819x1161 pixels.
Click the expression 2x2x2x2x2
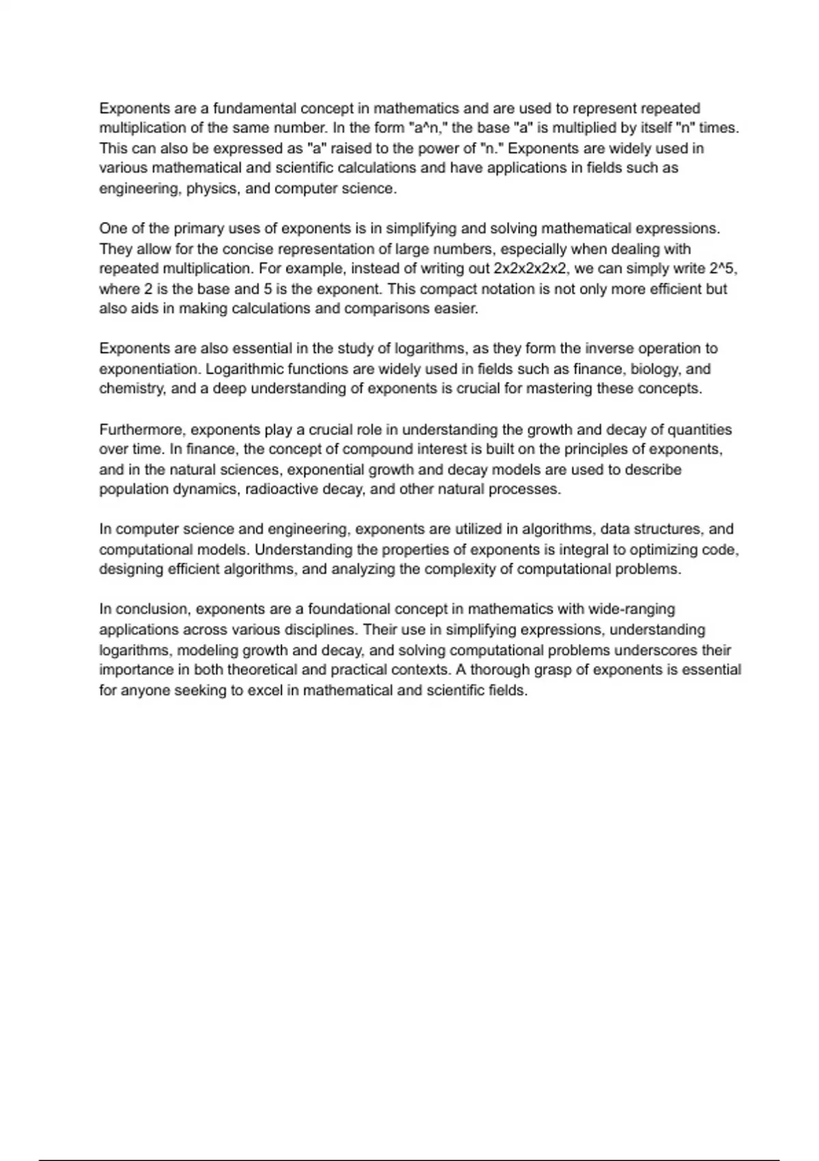coord(530,268)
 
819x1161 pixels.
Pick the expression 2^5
coord(723,268)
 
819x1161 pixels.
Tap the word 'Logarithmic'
coord(244,369)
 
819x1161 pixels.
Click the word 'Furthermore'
coord(141,430)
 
